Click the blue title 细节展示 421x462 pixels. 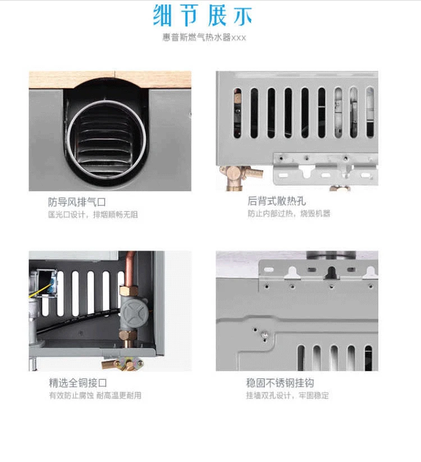[203, 16]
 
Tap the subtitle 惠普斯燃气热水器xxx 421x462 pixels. [204, 38]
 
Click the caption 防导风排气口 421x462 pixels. [77, 202]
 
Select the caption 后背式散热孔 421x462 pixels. [276, 201]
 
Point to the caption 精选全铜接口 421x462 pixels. [78, 383]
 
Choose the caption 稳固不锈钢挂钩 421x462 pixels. [280, 383]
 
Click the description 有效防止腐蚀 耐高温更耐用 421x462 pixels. [95, 395]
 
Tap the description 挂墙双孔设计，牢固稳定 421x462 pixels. [287, 395]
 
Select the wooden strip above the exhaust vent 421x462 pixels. [110, 80]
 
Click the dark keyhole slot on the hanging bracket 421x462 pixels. [331, 273]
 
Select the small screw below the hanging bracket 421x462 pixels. [264, 334]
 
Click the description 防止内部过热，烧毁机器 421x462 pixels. [289, 213]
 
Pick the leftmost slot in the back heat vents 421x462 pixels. [237, 113]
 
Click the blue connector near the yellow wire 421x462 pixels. [54, 284]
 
